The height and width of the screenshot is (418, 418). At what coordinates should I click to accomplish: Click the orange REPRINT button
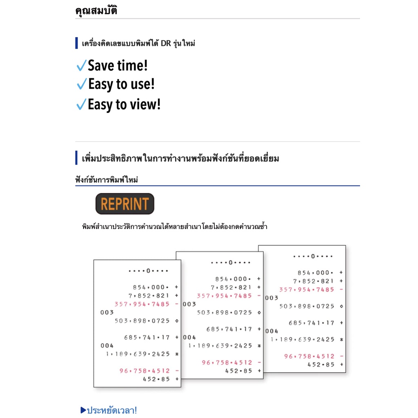pyautogui.click(x=125, y=204)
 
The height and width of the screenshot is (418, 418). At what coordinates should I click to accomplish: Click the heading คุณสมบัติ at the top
pyautogui.click(x=96, y=11)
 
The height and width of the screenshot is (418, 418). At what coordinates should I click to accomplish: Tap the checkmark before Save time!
pyautogui.click(x=81, y=65)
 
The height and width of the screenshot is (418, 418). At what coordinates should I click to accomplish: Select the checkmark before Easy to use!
pyautogui.click(x=81, y=84)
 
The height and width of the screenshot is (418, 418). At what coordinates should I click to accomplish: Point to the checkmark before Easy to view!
pyautogui.click(x=81, y=105)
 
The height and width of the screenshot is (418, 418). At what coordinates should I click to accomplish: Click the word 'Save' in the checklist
pyautogui.click(x=101, y=65)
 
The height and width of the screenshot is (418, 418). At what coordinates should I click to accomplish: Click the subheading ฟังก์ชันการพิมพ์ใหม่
pyautogui.click(x=107, y=180)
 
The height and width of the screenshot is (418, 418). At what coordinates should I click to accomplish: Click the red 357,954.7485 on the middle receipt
pyautogui.click(x=225, y=296)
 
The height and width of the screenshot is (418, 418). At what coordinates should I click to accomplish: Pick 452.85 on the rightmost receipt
pyautogui.click(x=321, y=364)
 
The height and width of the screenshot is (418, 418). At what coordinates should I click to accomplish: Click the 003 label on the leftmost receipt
pyautogui.click(x=107, y=312)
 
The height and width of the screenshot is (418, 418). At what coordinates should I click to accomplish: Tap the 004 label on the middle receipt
pyautogui.click(x=189, y=337)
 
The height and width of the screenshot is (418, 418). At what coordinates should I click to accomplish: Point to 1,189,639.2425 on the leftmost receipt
pyautogui.click(x=138, y=354)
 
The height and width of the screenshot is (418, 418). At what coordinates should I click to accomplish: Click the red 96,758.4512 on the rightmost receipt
pyautogui.click(x=309, y=356)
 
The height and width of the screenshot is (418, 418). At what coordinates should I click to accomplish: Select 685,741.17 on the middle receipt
pyautogui.click(x=229, y=329)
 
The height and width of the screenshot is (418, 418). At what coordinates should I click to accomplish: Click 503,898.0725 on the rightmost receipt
pyautogui.click(x=307, y=306)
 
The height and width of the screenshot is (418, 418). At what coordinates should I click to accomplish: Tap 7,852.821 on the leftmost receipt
pyautogui.click(x=149, y=296)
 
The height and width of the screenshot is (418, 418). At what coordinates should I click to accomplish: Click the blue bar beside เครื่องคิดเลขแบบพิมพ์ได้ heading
pyautogui.click(x=76, y=43)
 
